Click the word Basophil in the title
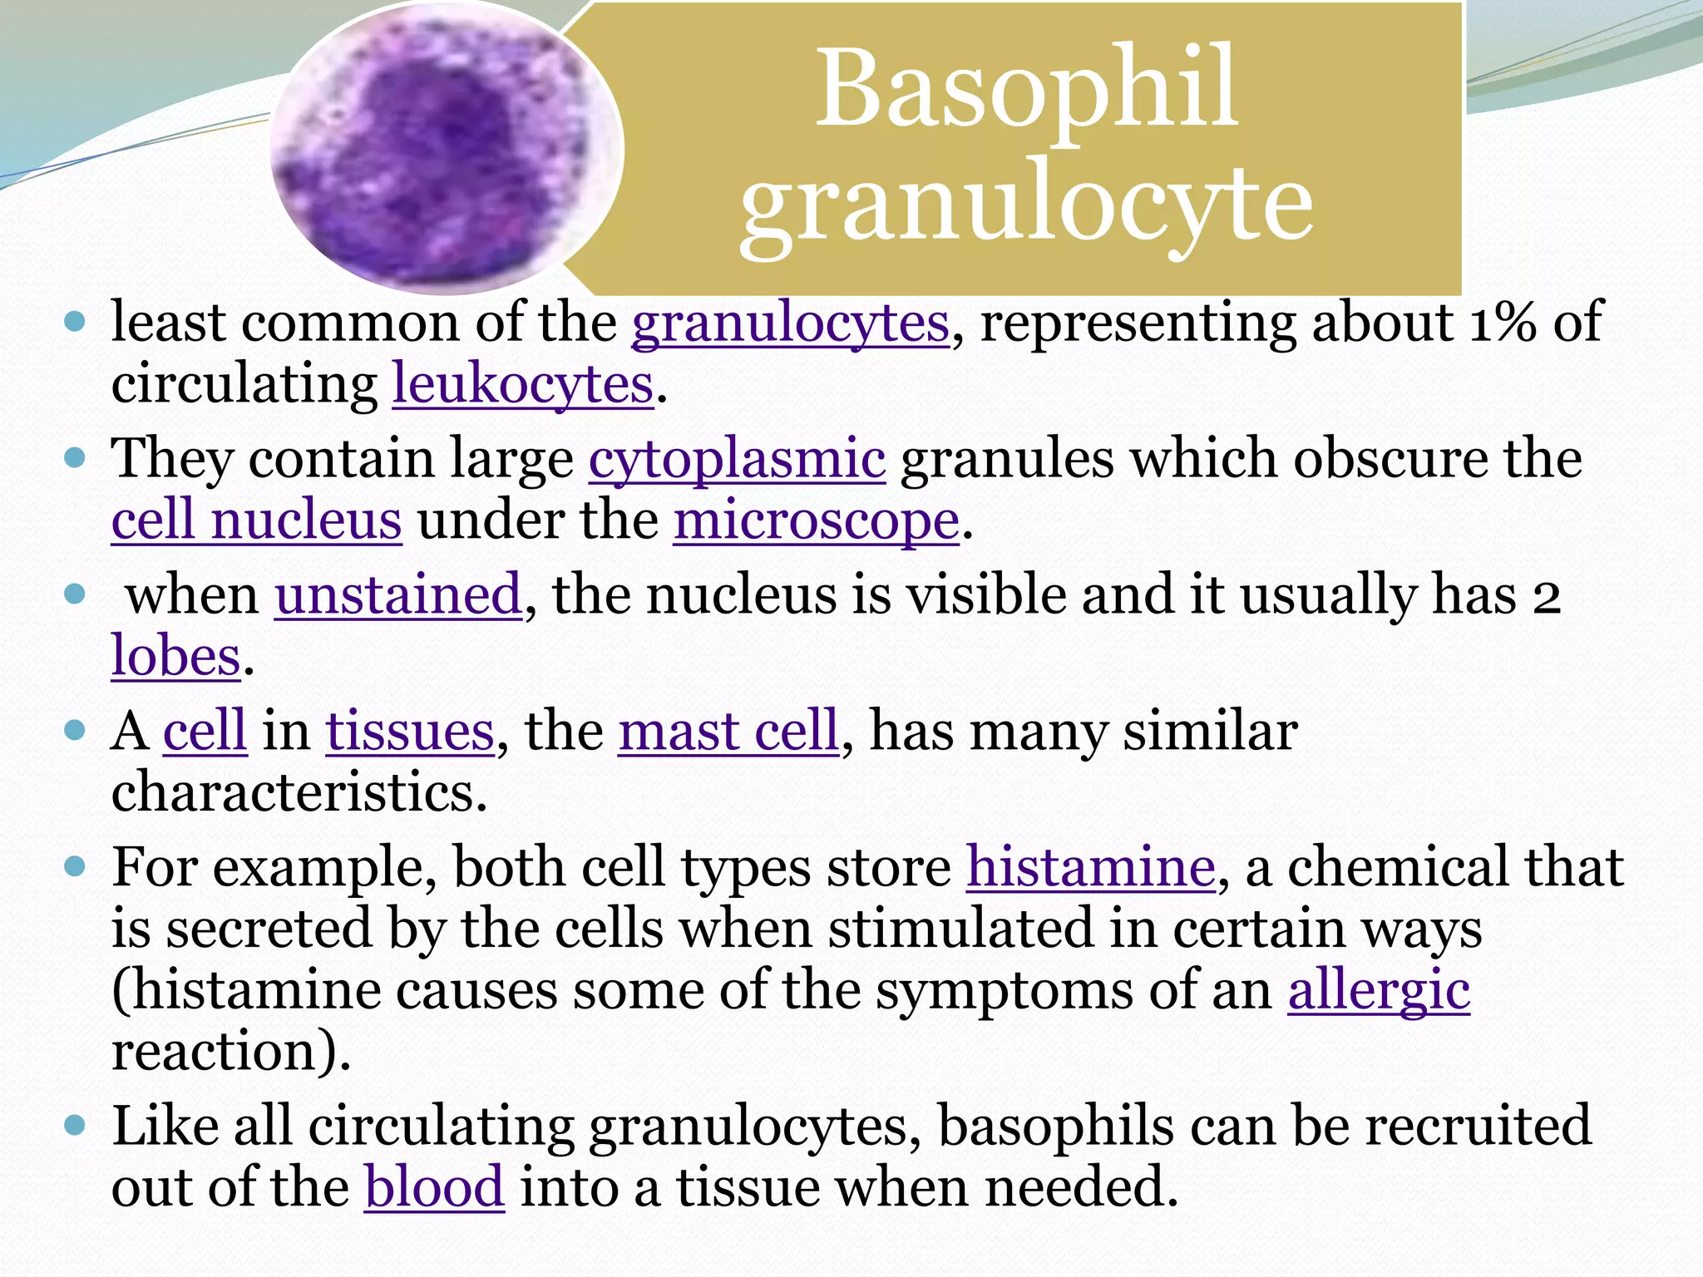click(1027, 89)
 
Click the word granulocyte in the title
click(1027, 204)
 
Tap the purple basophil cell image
click(447, 150)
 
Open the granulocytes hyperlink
click(790, 323)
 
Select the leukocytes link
click(523, 384)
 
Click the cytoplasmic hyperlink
click(737, 459)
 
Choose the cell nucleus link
click(256, 521)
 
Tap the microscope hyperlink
click(816, 521)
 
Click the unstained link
click(398, 595)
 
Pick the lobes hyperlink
click(175, 657)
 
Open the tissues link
click(410, 732)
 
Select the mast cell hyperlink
click(728, 732)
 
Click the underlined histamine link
click(1090, 868)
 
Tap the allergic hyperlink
click(1379, 991)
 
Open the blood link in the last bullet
click(434, 1187)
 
